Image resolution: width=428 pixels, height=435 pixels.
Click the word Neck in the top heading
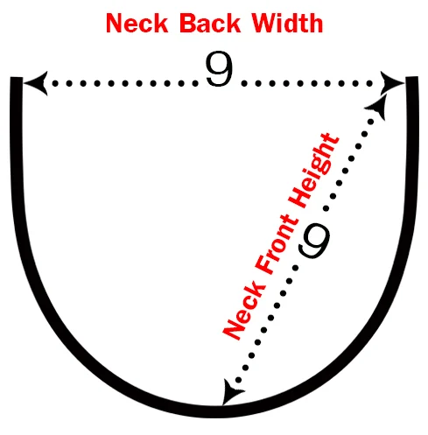coord(137,24)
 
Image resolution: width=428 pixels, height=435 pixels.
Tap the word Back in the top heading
coord(210,24)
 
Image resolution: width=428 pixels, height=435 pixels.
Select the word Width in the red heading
coord(287,23)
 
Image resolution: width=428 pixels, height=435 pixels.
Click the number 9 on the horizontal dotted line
coord(220,68)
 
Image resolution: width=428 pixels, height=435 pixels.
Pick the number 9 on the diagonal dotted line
coord(314,241)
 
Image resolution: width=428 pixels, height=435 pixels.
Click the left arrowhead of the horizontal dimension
coord(36,83)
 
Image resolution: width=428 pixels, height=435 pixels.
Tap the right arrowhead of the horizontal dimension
coord(392,83)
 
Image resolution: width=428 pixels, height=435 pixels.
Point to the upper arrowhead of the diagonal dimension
coord(377,107)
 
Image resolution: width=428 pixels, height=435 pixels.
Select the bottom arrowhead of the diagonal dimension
coord(232,392)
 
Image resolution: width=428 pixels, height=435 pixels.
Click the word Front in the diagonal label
coord(277,244)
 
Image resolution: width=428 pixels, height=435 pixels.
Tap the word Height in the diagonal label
coord(313,171)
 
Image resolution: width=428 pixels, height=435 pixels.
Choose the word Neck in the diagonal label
coord(244,311)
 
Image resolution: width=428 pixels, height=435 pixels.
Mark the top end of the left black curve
coord(17,77)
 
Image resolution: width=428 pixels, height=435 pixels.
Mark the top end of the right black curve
coord(412,77)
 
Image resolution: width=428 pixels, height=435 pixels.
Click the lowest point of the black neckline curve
coord(217,412)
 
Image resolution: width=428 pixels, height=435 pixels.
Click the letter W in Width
coord(265,24)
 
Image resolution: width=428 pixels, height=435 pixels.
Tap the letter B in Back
coord(188,24)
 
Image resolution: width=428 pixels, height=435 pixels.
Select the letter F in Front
coord(264,264)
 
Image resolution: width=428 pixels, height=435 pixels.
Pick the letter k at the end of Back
coord(234,24)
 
